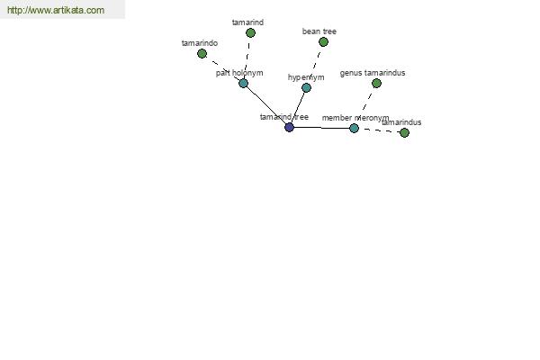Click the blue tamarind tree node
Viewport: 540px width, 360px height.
tap(289, 128)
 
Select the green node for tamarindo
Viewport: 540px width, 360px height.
tap(202, 54)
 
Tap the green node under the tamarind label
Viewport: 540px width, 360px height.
tap(251, 33)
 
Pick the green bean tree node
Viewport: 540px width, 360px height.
tap(323, 42)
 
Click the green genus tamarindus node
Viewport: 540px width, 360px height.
tap(377, 84)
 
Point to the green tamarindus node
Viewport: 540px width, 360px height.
tap(405, 132)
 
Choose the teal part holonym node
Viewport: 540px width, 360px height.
tap(244, 84)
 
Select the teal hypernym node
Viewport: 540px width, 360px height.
tap(307, 88)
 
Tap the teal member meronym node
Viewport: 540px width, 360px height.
tap(354, 129)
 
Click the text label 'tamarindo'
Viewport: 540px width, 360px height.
tap(200, 43)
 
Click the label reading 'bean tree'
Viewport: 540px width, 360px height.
tap(319, 31)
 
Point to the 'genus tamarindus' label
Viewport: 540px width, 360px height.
tap(373, 73)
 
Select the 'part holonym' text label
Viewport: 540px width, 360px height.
tap(239, 73)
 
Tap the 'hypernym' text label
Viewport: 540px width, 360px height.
tap(306, 77)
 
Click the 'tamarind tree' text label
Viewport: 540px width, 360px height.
tap(284, 117)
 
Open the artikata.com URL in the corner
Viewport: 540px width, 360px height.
tap(56, 10)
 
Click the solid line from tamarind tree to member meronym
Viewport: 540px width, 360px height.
tap(321, 128)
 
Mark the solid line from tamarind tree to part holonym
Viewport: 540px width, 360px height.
tap(266, 105)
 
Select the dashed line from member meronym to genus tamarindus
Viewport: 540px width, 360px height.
tap(367, 102)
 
